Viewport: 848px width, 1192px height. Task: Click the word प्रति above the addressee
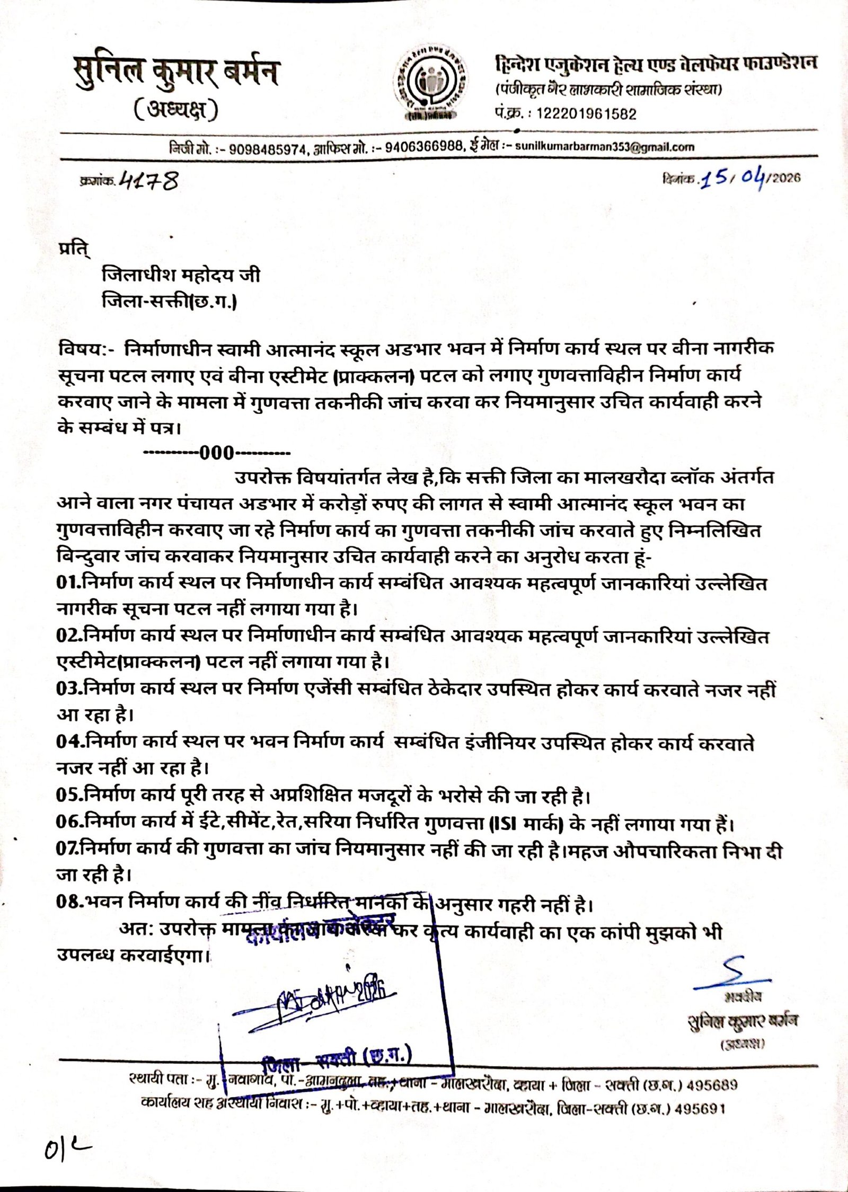(x=72, y=248)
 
